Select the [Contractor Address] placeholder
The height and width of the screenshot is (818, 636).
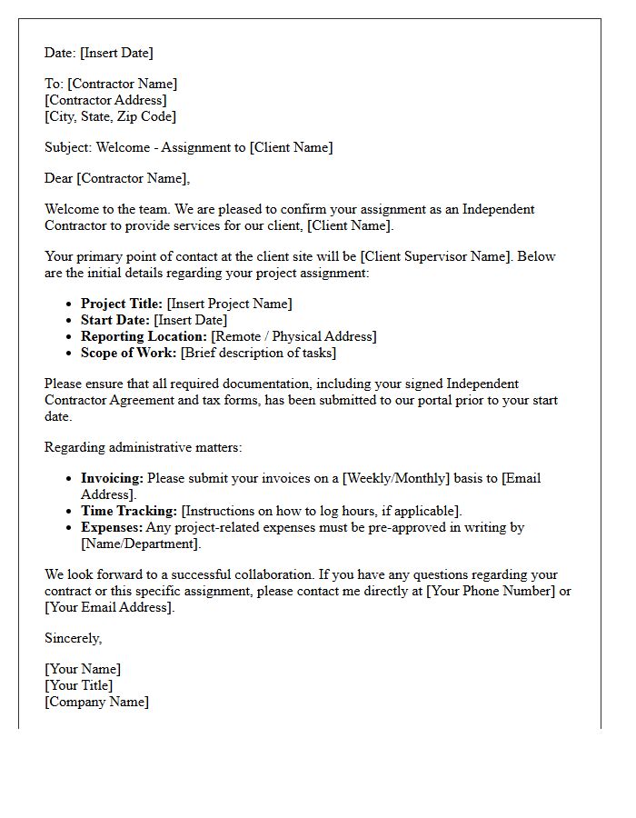click(x=105, y=100)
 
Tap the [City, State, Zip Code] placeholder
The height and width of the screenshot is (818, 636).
click(x=110, y=116)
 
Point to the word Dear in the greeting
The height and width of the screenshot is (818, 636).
click(x=59, y=178)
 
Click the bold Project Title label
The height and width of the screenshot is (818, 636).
click(x=122, y=304)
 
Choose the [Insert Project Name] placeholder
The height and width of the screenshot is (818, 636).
click(x=230, y=304)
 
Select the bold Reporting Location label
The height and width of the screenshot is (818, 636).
click(x=144, y=336)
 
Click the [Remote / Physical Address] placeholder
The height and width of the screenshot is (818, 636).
click(x=293, y=336)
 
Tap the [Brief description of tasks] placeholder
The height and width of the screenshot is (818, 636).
click(x=258, y=353)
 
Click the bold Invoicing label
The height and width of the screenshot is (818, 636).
click(x=112, y=478)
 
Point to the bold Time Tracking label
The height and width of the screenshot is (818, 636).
click(x=129, y=511)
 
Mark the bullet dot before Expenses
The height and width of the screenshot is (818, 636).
click(x=71, y=528)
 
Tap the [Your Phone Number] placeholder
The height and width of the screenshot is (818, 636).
click(x=488, y=591)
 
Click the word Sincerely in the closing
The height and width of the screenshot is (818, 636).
click(x=73, y=638)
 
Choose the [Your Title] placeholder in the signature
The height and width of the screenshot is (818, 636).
click(x=78, y=685)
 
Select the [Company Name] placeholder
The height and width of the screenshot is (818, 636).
click(x=96, y=702)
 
